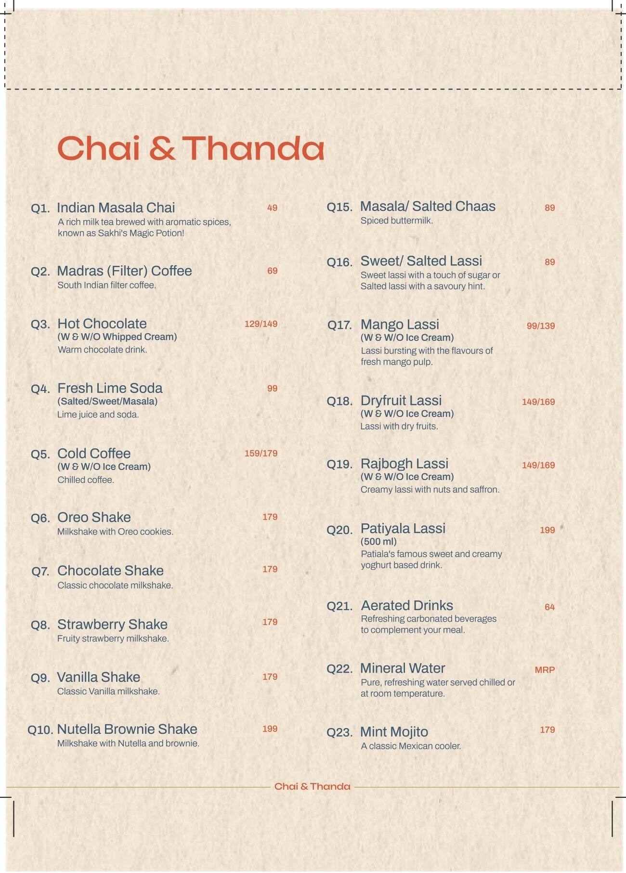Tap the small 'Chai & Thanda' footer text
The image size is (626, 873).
pos(312,786)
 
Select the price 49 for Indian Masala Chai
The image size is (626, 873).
pos(272,208)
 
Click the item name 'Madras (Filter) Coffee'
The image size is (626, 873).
pos(124,271)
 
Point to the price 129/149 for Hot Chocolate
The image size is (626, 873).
pos(261,324)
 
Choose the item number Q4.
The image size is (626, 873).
pos(40,389)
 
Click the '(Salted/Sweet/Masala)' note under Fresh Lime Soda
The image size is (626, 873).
pos(107,402)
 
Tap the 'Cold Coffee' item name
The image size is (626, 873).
pos(94,454)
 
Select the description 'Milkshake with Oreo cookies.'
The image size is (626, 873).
pos(115,532)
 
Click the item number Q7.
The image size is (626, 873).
pos(40,572)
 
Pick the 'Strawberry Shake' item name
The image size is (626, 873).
pos(112,625)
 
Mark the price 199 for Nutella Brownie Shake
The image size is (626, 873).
pos(270,729)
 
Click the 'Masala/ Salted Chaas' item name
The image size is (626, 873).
pos(428,207)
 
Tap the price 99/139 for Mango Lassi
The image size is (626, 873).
pos(540,326)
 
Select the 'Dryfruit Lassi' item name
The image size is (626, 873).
pos(401,401)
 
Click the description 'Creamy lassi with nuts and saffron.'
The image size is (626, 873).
pos(430,490)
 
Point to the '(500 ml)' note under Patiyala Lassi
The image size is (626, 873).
pos(378,541)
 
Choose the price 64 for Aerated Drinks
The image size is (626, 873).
pos(549,607)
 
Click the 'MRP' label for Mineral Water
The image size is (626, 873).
pos(545,670)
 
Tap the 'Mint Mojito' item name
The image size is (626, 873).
pos(394,732)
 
